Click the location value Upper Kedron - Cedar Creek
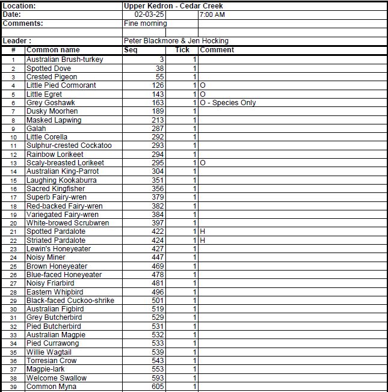173,5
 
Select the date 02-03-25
148,14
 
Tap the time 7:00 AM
212,14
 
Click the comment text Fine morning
145,23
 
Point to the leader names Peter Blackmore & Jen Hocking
176,41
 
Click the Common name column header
53,50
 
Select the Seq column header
131,50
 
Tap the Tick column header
182,50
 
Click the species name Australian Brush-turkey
64,60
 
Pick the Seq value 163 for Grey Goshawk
158,103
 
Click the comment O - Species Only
228,103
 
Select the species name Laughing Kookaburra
61,180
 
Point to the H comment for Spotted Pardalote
203,231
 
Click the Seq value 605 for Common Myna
158,387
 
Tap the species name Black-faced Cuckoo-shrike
70,301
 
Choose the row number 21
13,231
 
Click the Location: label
19,5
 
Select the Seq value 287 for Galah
158,129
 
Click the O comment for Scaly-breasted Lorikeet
203,163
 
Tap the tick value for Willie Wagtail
194,352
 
